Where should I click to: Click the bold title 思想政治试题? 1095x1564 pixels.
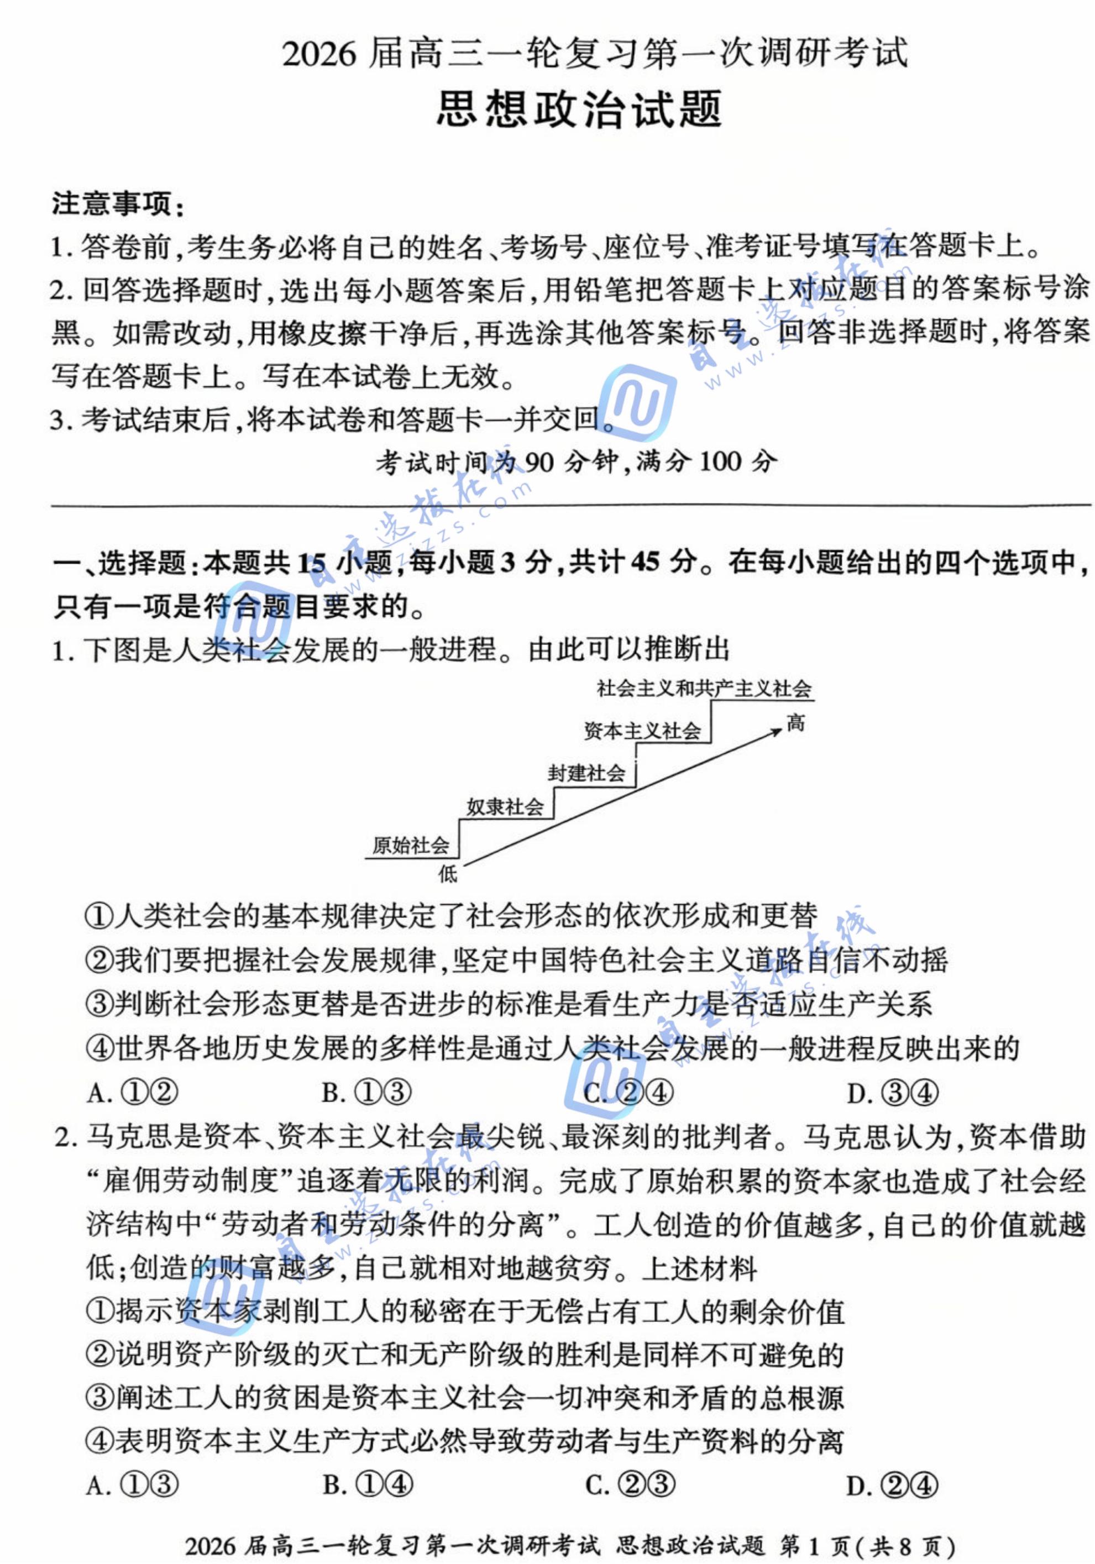pos(579,109)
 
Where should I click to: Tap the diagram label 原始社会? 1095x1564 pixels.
pos(410,846)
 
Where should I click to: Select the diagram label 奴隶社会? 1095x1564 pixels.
pos(505,807)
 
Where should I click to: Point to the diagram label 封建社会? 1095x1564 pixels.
pos(586,773)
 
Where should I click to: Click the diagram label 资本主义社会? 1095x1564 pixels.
pos(642,731)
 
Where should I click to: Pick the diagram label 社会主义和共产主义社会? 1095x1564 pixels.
pos(704,689)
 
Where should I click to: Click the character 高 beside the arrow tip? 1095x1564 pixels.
pos(795,723)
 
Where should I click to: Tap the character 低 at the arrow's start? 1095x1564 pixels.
pos(448,874)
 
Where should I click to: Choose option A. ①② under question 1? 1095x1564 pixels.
pos(132,1093)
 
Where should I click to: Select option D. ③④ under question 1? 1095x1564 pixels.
pos(892,1093)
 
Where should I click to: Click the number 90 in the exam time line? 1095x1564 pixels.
pos(539,463)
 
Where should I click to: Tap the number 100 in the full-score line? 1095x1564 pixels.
pos(720,463)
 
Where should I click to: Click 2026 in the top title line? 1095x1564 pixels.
pos(319,53)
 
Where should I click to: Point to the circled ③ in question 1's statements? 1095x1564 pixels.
pos(99,1005)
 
